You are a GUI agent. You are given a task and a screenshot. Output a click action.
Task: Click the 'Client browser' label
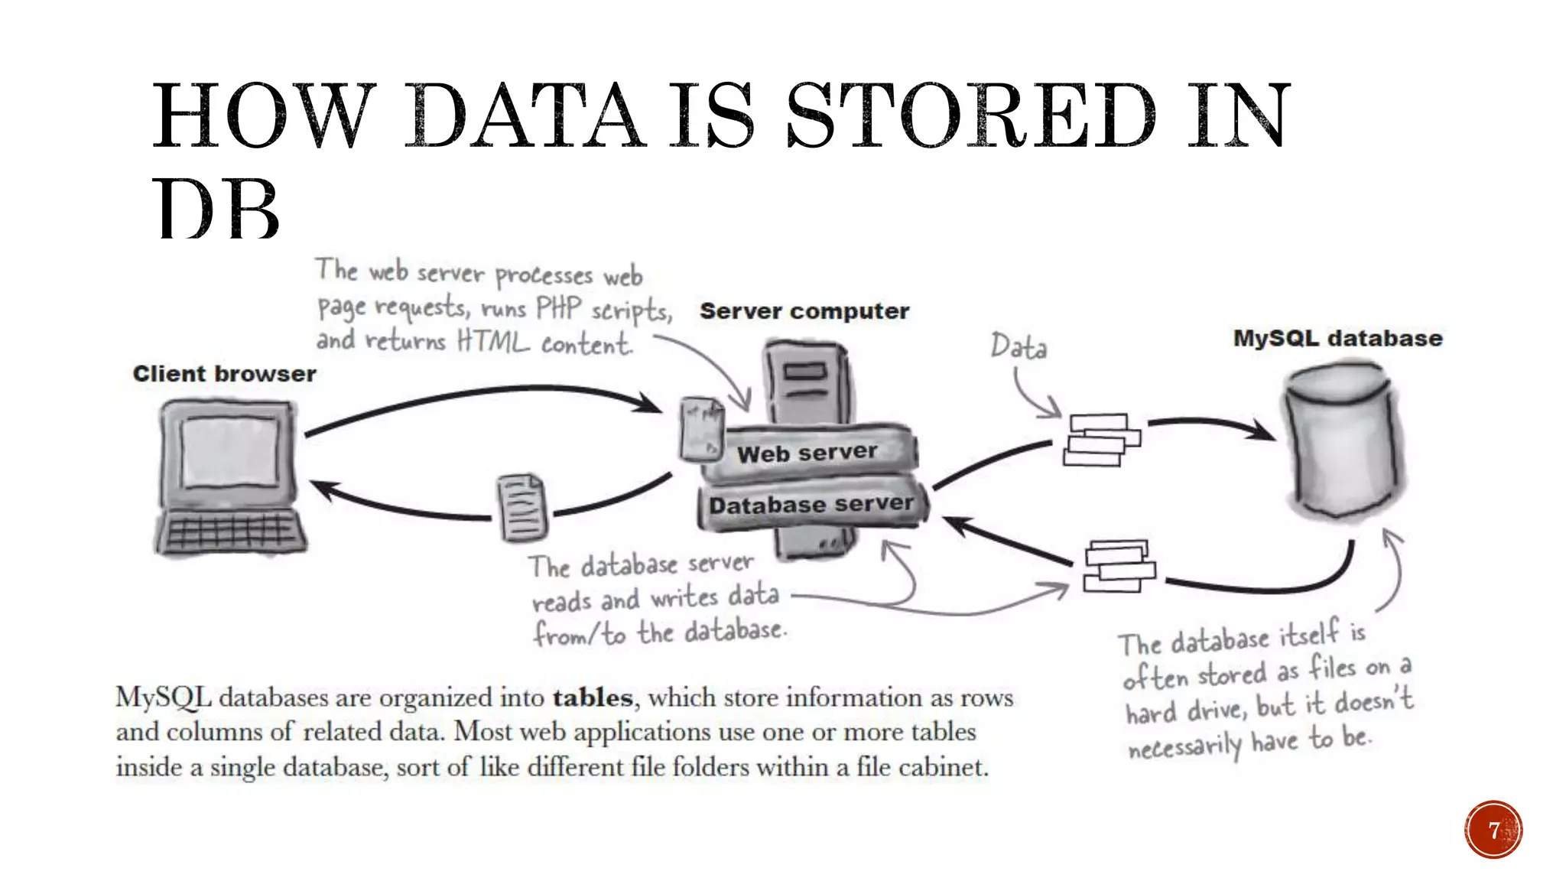(x=224, y=374)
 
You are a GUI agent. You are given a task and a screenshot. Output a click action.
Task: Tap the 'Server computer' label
(x=804, y=311)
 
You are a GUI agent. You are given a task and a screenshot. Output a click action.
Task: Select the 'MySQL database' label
(x=1337, y=338)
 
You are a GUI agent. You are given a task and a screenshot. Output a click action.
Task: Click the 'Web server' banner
(x=807, y=453)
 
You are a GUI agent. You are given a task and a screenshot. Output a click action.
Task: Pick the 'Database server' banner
(x=811, y=505)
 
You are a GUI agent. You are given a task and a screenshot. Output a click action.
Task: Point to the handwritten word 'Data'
(x=1019, y=346)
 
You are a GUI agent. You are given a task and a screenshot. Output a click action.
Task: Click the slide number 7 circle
(x=1493, y=830)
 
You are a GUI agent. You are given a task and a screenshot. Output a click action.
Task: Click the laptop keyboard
(x=229, y=531)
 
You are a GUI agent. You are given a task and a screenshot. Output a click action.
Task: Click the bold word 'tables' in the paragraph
(x=593, y=698)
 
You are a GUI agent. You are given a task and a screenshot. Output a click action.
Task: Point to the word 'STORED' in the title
(x=971, y=116)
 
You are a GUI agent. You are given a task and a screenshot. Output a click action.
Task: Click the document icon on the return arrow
(x=522, y=507)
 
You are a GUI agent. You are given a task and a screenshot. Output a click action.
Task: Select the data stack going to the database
(x=1101, y=440)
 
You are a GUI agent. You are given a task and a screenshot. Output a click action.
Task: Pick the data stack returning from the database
(x=1119, y=566)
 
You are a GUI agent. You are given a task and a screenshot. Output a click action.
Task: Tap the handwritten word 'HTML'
(x=492, y=341)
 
